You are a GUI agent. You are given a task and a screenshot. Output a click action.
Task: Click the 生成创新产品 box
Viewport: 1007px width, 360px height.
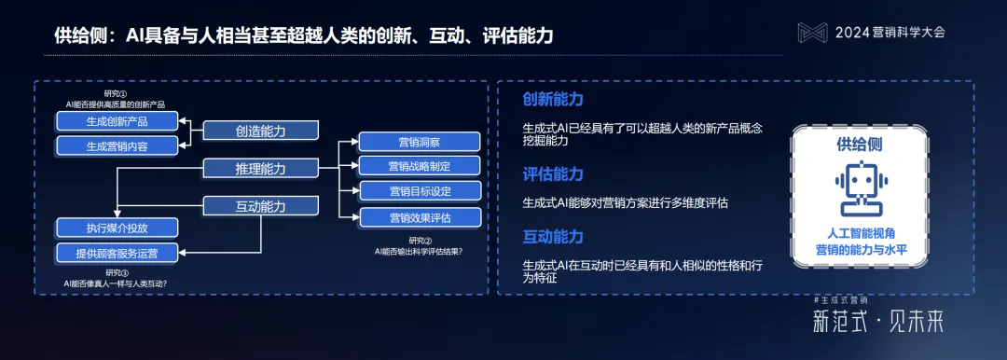[117, 121]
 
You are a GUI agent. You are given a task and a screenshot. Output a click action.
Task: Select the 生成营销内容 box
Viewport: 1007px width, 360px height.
[117, 145]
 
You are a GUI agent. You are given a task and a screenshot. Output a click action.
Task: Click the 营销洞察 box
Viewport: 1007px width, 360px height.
[420, 142]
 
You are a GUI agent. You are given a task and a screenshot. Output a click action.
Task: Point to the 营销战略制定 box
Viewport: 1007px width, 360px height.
[420, 166]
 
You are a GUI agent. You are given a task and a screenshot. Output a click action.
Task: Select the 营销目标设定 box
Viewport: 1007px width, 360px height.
[420, 191]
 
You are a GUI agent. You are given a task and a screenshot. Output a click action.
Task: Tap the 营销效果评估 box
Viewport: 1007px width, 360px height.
[420, 217]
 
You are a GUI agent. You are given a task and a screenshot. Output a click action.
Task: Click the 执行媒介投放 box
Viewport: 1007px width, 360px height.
[117, 228]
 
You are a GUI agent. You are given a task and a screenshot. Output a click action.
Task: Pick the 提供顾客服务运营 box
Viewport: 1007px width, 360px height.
[117, 252]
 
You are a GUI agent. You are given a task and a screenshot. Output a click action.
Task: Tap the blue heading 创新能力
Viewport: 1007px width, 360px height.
[553, 99]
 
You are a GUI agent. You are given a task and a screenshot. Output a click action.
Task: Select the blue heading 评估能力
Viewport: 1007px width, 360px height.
[553, 174]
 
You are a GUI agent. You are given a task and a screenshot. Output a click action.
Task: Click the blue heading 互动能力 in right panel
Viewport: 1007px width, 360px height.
[553, 238]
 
